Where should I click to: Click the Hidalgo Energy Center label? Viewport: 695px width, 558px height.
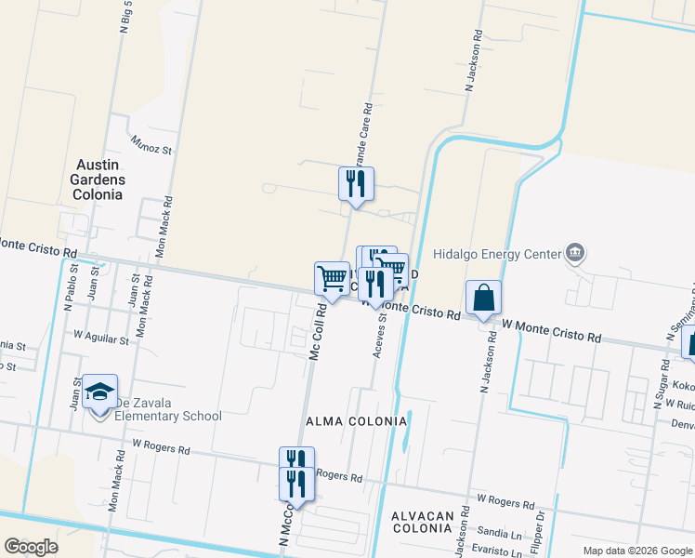click(497, 254)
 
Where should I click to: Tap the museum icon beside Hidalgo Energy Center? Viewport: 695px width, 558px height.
click(575, 253)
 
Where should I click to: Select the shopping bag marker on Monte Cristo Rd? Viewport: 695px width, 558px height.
click(484, 299)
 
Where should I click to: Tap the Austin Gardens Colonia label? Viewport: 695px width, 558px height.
click(98, 179)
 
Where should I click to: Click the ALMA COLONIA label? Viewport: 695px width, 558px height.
click(357, 421)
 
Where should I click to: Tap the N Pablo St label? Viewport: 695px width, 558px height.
click(69, 288)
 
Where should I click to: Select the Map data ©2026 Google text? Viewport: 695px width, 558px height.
click(636, 551)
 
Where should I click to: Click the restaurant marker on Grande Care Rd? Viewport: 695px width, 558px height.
click(355, 183)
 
